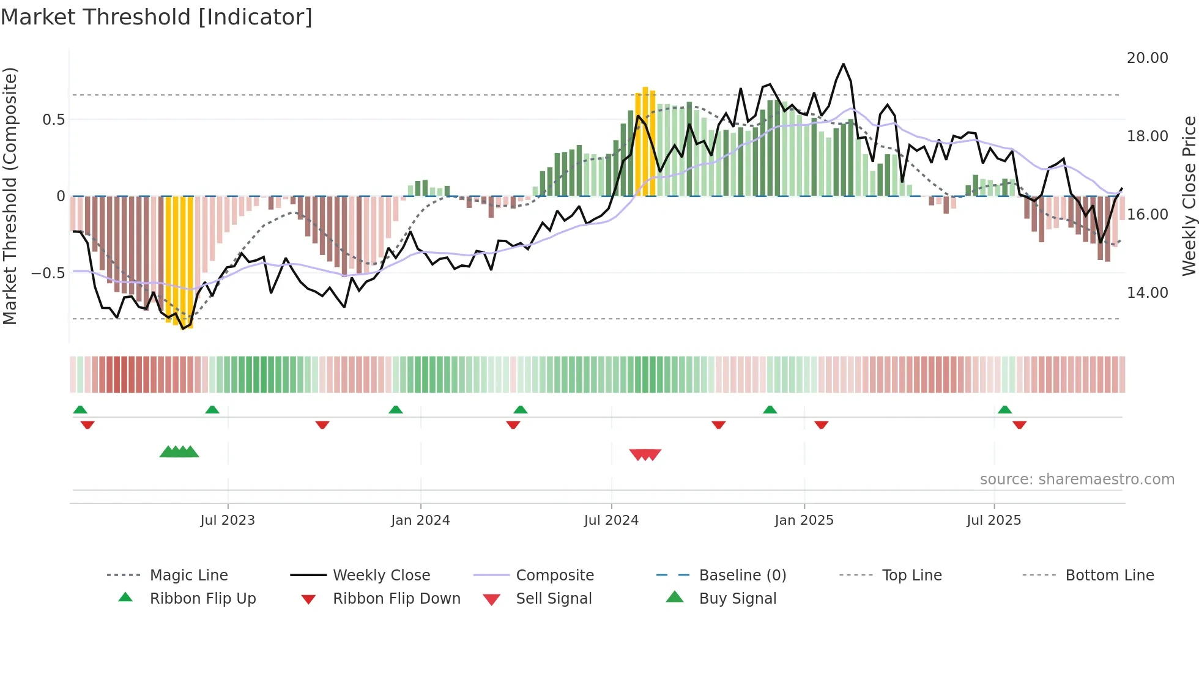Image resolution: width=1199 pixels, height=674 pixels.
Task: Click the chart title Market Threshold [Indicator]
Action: [157, 17]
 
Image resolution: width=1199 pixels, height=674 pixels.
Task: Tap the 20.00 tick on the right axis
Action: [1147, 58]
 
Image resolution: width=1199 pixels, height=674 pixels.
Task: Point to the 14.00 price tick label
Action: [1147, 293]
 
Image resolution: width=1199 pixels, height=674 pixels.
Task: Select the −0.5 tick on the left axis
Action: [48, 273]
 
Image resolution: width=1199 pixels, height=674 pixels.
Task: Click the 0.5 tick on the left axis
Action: [53, 119]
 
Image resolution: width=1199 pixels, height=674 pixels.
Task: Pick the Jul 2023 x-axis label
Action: [228, 520]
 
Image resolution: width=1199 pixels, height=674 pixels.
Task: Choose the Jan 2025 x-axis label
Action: [804, 520]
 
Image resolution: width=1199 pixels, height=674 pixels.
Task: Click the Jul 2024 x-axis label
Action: [611, 520]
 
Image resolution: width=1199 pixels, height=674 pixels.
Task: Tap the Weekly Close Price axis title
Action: [1189, 196]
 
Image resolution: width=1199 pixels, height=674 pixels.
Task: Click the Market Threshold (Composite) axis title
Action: [10, 196]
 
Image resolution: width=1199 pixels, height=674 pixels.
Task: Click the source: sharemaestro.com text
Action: [1077, 480]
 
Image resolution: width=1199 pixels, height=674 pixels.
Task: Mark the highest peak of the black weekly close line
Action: [843, 64]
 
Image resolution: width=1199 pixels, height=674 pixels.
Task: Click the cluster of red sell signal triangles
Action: [645, 454]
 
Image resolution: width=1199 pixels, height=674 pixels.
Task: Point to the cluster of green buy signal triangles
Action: [179, 452]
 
